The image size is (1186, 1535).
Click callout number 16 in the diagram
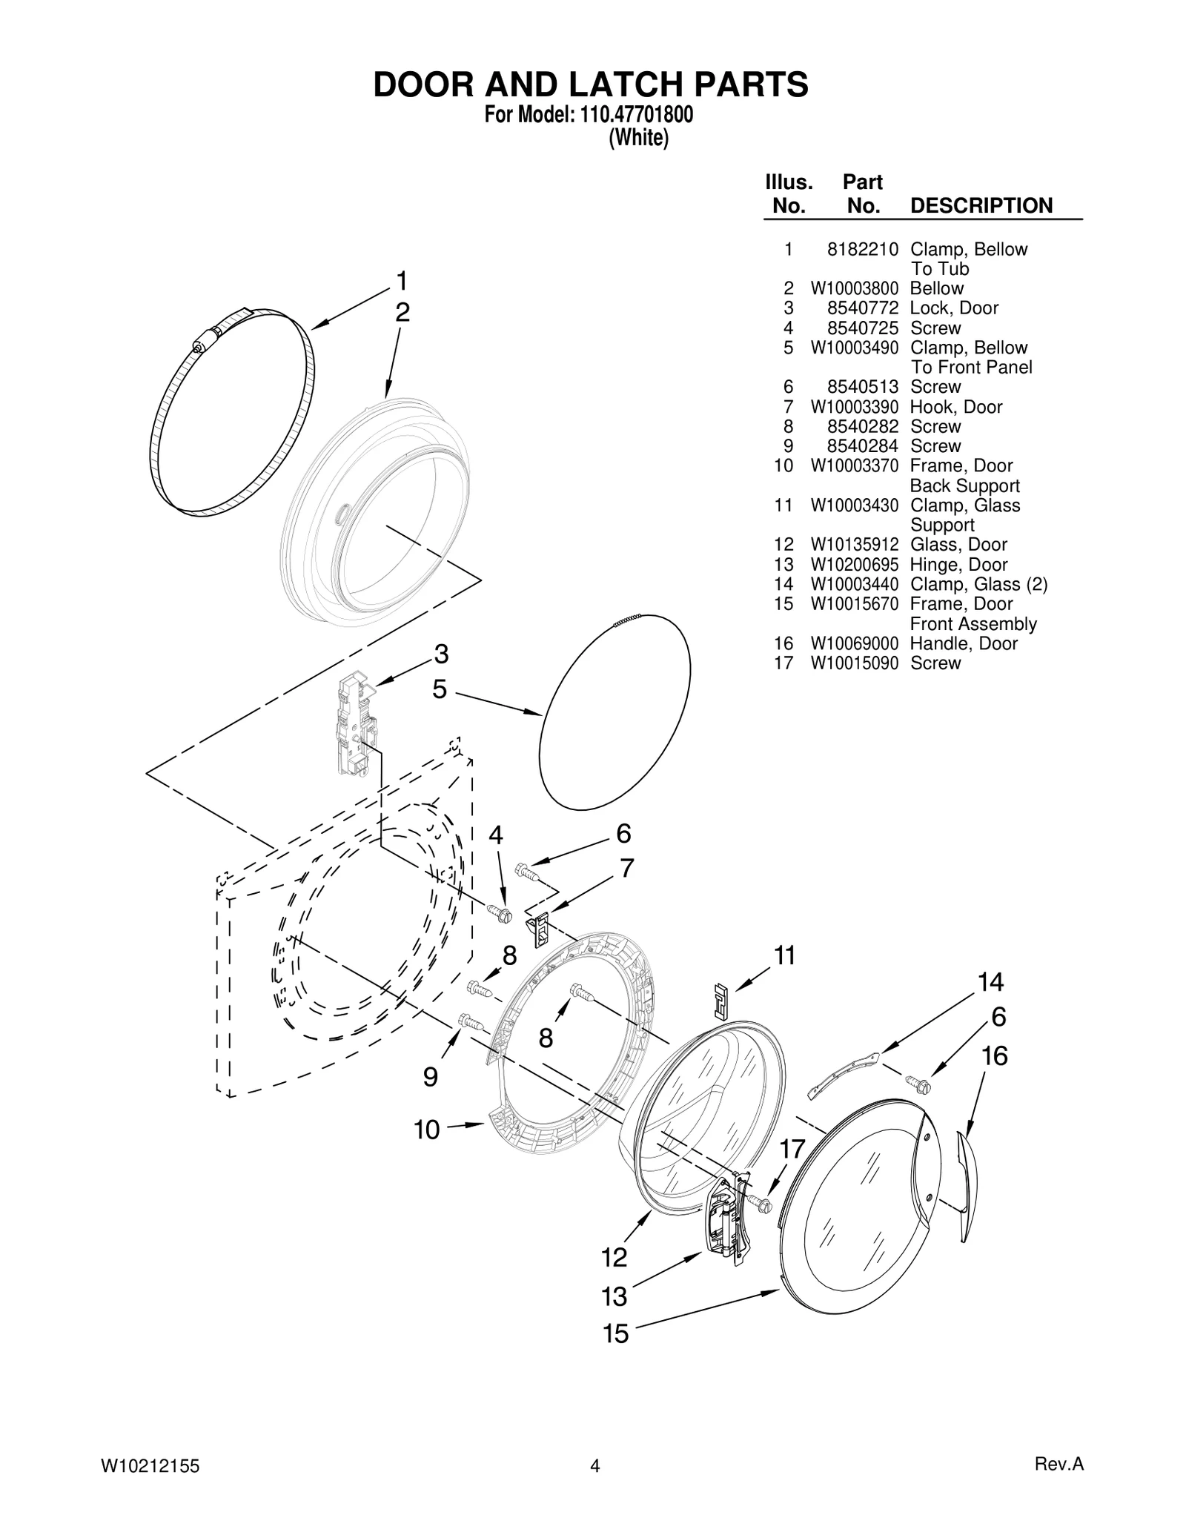(x=995, y=1056)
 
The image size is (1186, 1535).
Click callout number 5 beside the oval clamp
(x=440, y=690)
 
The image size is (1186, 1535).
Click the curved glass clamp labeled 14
(x=845, y=1072)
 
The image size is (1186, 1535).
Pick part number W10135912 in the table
(x=854, y=545)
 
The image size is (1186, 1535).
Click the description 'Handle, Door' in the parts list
(x=963, y=643)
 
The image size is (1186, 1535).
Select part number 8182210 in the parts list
(x=863, y=249)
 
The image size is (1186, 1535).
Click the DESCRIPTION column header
(x=981, y=205)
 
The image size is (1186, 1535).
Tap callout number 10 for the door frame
(x=427, y=1130)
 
